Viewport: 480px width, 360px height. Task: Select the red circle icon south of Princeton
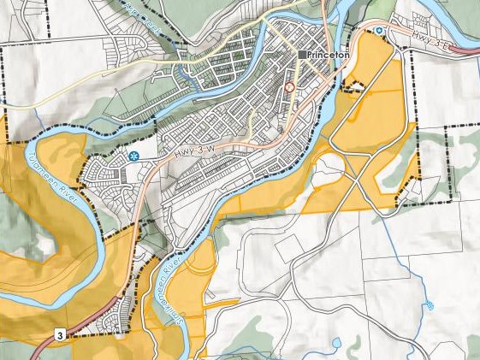(x=289, y=87)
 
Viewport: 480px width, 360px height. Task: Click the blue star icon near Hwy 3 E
(x=378, y=32)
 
